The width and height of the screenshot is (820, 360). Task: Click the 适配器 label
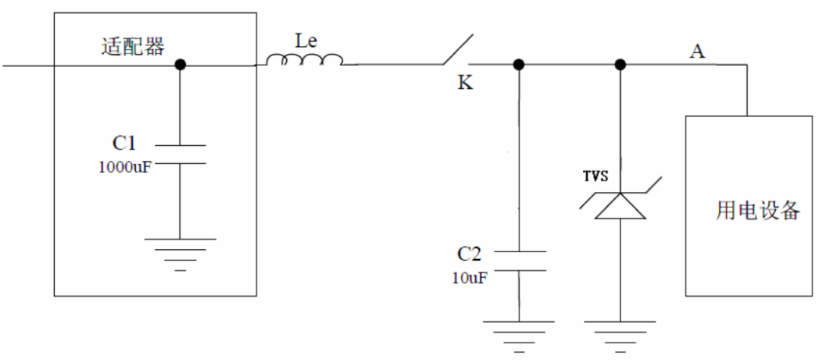[x=132, y=46]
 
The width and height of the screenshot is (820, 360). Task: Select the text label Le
[x=305, y=42]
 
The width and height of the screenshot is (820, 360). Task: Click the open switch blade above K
[x=458, y=49]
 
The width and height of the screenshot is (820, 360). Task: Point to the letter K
[x=465, y=84]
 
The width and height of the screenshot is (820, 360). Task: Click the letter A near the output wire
[x=697, y=52]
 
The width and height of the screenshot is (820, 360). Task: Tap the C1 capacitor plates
[x=180, y=154]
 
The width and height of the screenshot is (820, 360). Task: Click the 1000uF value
[x=125, y=167]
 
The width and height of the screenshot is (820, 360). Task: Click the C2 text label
[x=469, y=255]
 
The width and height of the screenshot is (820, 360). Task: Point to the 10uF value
[x=470, y=279]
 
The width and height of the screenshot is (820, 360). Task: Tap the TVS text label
[x=596, y=176]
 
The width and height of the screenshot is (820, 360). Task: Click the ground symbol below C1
[x=180, y=255]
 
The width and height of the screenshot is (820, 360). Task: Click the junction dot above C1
[x=180, y=65]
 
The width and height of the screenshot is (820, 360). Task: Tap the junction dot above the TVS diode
[x=620, y=65]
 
